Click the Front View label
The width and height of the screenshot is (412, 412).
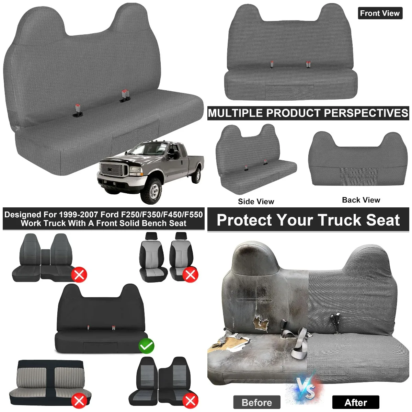pyautogui.click(x=380, y=13)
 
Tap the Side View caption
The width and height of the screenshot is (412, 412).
pyautogui.click(x=256, y=202)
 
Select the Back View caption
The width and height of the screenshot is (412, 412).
pyautogui.click(x=361, y=200)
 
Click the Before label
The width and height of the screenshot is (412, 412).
pyautogui.click(x=257, y=402)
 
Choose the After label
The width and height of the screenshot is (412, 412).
pyautogui.click(x=356, y=402)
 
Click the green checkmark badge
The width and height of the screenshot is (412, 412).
pyautogui.click(x=147, y=346)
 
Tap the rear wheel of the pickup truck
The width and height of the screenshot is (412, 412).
pyautogui.click(x=197, y=175)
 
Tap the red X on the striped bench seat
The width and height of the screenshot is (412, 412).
pyautogui.click(x=80, y=401)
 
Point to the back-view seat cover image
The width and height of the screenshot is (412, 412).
pyautogui.click(x=358, y=159)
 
